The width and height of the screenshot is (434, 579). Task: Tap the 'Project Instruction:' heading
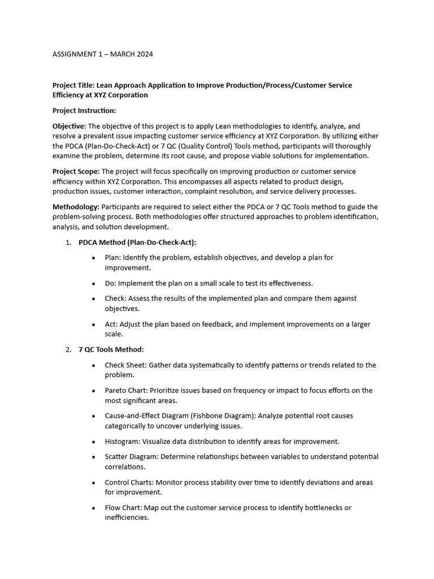84,111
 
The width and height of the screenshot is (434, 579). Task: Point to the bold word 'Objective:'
70,126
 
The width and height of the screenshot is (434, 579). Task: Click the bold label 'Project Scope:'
76,171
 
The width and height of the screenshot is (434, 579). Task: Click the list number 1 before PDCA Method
68,242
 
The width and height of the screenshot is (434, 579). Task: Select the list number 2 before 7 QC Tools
68,349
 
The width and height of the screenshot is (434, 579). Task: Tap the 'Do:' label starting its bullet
111,283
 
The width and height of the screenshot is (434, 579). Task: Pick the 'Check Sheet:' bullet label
125,365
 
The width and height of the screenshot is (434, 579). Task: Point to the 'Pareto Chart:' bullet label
126,390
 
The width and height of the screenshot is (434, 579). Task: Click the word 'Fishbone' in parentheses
207,416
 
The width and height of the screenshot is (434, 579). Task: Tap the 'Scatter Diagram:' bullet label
132,456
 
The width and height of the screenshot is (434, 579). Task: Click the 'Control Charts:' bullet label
129,482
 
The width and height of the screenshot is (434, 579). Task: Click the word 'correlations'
125,467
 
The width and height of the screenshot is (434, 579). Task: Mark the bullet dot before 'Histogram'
93,442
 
